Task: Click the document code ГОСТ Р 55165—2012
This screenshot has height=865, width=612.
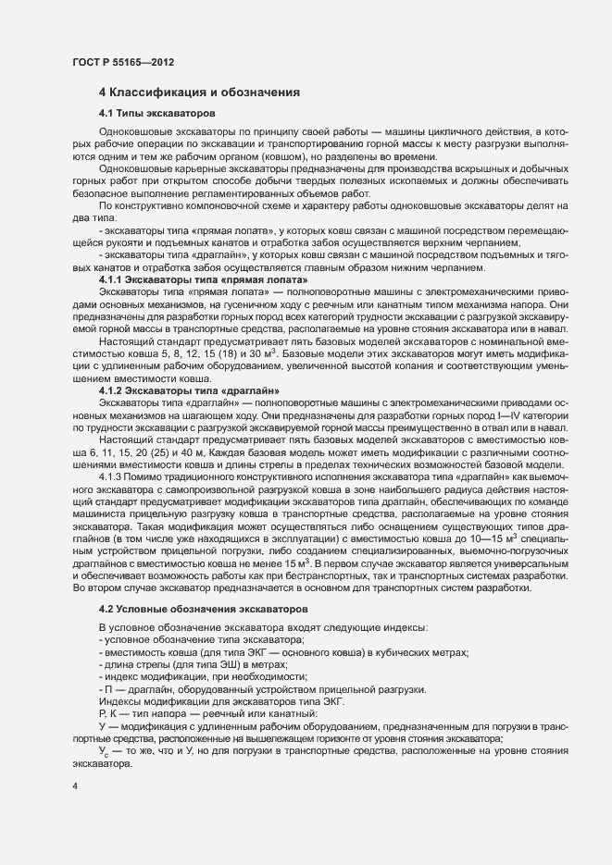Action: point(122,62)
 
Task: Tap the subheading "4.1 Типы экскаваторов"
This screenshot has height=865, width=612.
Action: point(156,113)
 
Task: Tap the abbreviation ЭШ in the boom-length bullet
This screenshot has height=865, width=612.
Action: point(223,664)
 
